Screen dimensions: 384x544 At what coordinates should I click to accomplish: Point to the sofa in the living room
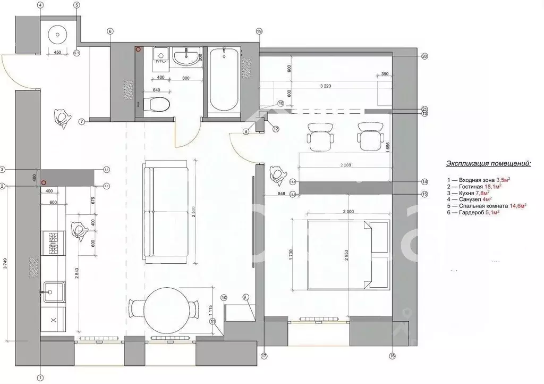coord(165,213)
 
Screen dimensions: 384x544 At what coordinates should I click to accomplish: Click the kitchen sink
coord(54,291)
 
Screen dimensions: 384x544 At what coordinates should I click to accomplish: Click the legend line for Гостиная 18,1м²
coord(474,187)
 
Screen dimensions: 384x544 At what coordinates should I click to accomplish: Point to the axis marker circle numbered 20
coord(424,56)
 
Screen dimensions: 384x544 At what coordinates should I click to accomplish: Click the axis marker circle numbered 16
coord(393,356)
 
